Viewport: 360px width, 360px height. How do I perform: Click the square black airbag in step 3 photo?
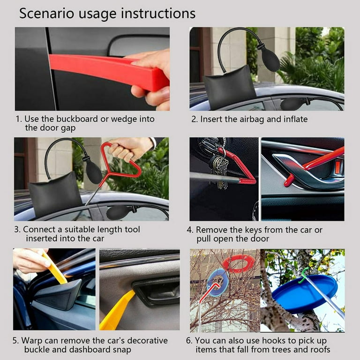tap(55, 193)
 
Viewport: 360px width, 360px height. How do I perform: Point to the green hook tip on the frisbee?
tap(304, 272)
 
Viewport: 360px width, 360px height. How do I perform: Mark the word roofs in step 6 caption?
tap(319, 350)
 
